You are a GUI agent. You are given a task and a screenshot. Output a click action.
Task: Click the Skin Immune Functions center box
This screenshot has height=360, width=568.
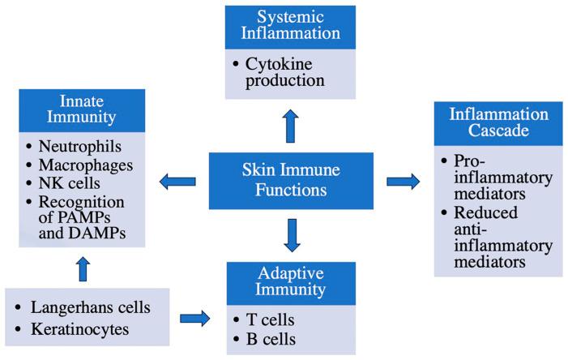click(x=291, y=180)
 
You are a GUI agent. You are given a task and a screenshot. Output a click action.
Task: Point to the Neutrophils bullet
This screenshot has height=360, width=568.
click(x=76, y=148)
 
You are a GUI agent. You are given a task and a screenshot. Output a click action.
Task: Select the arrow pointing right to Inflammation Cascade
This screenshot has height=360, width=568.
click(x=403, y=180)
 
